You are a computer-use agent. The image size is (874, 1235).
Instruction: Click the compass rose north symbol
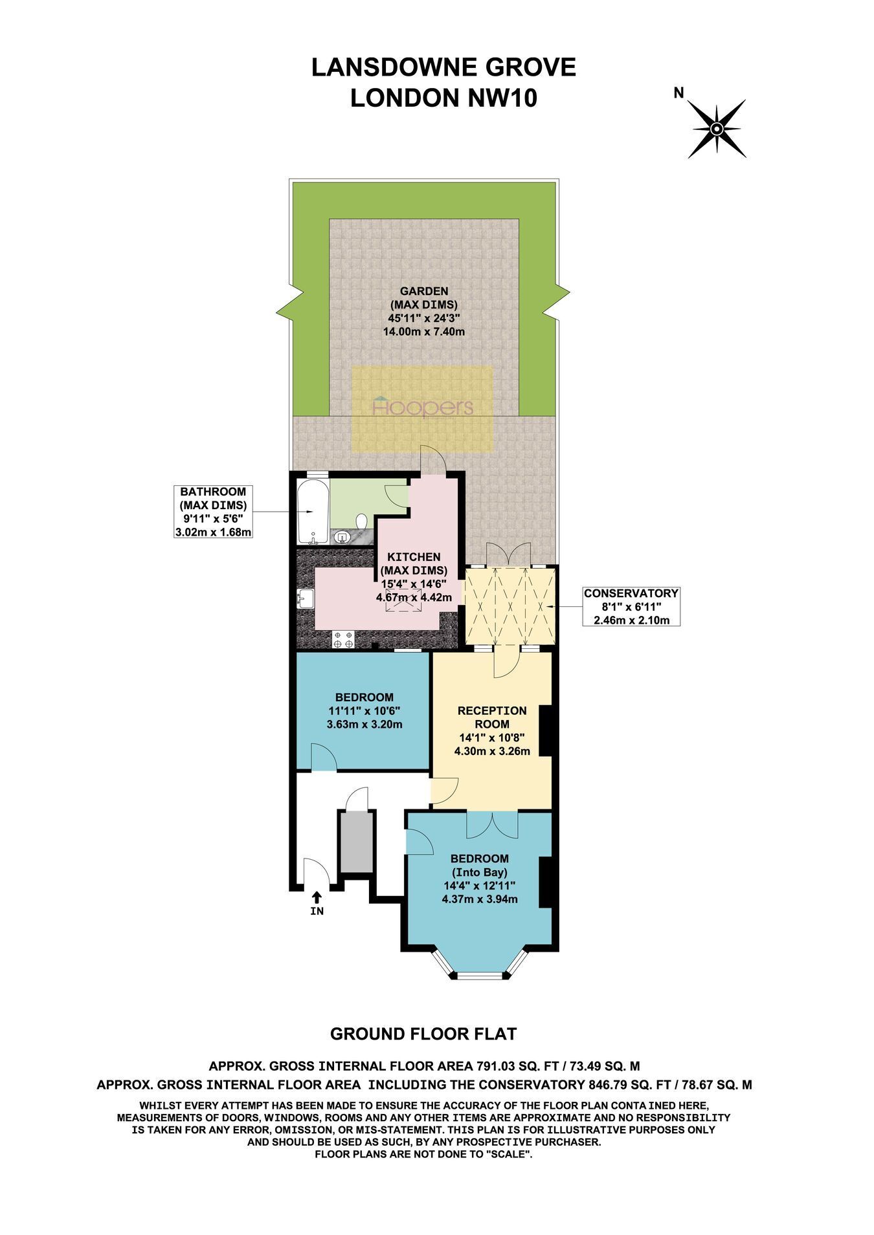717,129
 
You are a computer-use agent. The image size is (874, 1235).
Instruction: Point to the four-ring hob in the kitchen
343,639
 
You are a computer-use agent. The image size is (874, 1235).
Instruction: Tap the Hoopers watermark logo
423,408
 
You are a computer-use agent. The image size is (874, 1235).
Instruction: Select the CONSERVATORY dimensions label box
631,606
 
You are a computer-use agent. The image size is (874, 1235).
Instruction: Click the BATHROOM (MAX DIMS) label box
213,512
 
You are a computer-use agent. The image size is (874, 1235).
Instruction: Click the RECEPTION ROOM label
492,717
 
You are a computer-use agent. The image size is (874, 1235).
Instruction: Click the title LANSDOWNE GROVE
443,67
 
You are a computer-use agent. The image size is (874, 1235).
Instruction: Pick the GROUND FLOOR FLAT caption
423,1034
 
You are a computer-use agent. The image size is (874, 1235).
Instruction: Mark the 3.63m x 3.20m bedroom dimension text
364,724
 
